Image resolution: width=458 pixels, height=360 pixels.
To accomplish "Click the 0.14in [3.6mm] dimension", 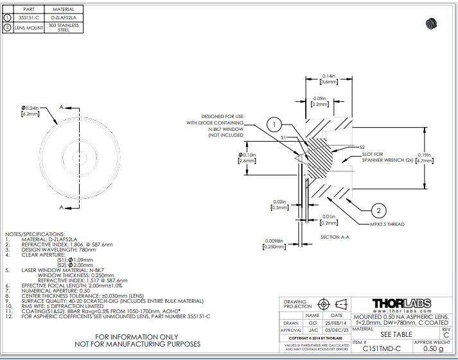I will [x=328, y=79].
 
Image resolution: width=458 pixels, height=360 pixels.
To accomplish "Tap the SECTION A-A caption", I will [x=334, y=237].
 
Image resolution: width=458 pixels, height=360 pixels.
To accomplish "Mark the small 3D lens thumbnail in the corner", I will [x=431, y=24].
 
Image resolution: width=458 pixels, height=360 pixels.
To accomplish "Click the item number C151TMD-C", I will [x=382, y=349].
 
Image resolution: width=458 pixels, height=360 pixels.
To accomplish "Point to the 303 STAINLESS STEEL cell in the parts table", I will [x=67, y=28].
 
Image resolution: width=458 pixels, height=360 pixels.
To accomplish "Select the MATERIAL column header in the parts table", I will [x=67, y=10].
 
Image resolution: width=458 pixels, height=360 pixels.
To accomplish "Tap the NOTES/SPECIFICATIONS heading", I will [x=35, y=234].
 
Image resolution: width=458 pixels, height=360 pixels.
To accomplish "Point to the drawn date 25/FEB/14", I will [x=336, y=323].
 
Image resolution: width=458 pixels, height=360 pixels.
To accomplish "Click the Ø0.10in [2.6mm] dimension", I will [x=247, y=158].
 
